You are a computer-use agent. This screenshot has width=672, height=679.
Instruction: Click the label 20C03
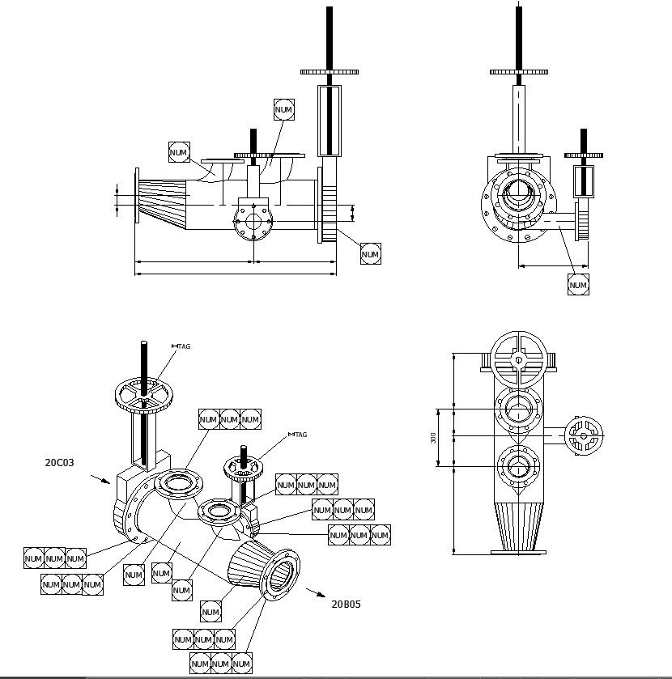pyautogui.click(x=59, y=463)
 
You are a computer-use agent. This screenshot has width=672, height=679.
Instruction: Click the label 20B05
pyautogui.click(x=346, y=604)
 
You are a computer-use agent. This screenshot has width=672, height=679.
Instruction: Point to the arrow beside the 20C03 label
pyautogui.click(x=100, y=479)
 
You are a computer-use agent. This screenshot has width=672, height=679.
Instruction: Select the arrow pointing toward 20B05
pyautogui.click(x=314, y=592)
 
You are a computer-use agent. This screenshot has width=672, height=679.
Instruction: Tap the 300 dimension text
pyautogui.click(x=433, y=437)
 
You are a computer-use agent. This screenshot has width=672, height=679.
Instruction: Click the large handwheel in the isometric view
pyautogui.click(x=144, y=396)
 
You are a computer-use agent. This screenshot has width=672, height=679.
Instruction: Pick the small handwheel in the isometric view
pyautogui.click(x=242, y=468)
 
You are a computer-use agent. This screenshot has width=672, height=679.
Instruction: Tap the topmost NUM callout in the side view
pyautogui.click(x=284, y=109)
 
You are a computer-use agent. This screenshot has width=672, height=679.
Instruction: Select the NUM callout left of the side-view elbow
pyautogui.click(x=179, y=152)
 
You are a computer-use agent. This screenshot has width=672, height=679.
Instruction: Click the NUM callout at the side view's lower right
pyautogui.click(x=370, y=254)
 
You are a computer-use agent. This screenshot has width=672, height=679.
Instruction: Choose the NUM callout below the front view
pyautogui.click(x=578, y=285)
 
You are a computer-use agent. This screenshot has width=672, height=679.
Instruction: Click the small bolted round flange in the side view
pyautogui.click(x=254, y=222)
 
